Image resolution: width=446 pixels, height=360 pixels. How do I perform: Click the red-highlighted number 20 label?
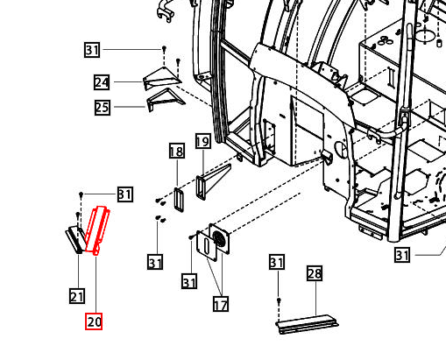click(94, 321)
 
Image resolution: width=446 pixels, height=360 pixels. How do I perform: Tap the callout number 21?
click(77, 296)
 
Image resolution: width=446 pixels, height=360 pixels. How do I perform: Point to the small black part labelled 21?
click(75, 236)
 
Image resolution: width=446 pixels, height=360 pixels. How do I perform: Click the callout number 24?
click(102, 82)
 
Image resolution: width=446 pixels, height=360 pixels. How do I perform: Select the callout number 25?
click(102, 108)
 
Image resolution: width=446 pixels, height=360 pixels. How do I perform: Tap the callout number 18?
click(176, 152)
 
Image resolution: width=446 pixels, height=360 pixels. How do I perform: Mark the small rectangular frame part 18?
click(180, 199)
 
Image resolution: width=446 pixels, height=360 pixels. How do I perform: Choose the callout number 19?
click(202, 141)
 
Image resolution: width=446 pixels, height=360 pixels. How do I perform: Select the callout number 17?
click(221, 305)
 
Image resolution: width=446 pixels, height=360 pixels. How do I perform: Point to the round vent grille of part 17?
click(218, 238)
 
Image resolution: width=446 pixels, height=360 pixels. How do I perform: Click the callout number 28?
click(315, 274)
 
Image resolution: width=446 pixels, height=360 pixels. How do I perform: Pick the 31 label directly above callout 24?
click(93, 50)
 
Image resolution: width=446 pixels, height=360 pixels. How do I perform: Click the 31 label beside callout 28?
click(277, 263)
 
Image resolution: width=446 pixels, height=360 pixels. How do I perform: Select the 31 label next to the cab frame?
click(402, 255)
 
